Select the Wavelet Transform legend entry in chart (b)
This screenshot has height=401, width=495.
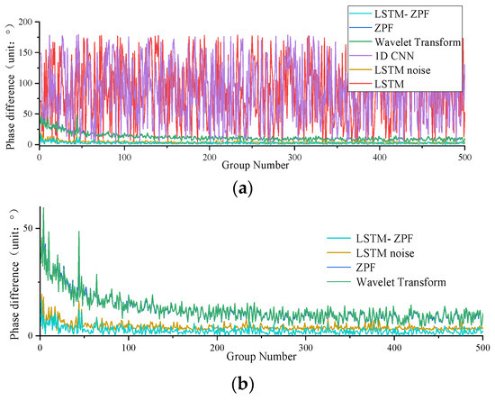[x=400, y=282]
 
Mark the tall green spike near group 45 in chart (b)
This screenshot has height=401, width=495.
[x=78, y=233]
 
